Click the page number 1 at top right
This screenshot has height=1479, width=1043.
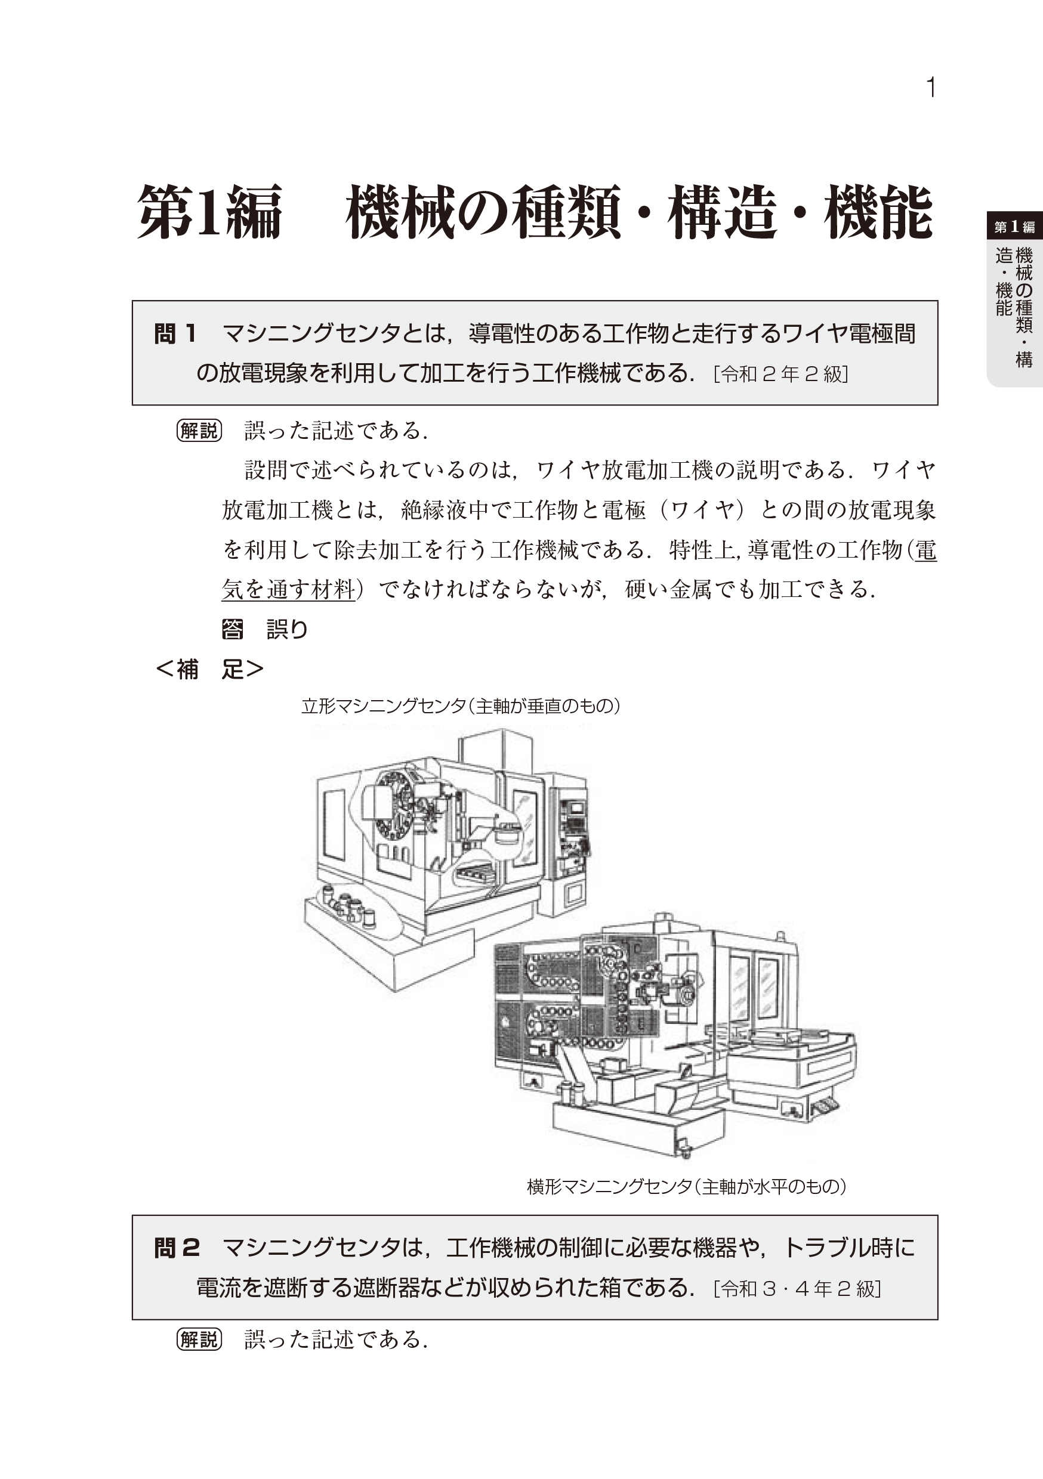point(930,88)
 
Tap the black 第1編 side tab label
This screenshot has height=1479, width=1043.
point(1014,227)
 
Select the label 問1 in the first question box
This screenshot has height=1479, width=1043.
point(175,334)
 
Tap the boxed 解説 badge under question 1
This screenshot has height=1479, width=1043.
point(199,431)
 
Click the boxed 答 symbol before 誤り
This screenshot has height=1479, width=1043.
point(232,629)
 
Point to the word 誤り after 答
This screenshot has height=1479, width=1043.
point(288,629)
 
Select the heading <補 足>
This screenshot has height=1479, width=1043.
point(210,669)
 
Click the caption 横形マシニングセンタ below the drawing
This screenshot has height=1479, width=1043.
point(609,1187)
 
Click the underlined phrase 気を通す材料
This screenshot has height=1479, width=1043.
point(289,589)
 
